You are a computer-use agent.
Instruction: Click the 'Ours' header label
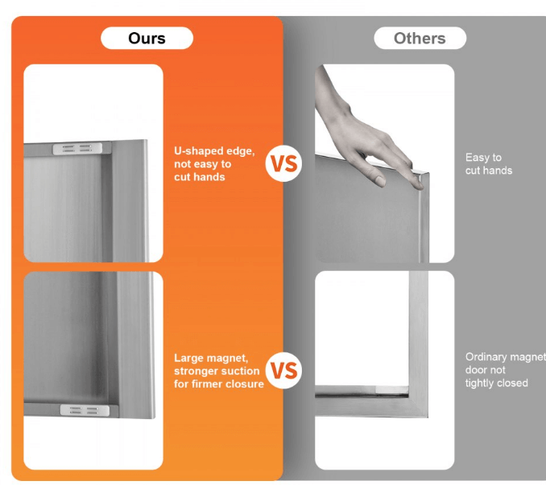pos(147,38)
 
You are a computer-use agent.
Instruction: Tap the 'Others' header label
pos(420,38)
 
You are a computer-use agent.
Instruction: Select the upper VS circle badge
pos(283,164)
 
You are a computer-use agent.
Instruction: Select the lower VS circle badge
pos(283,371)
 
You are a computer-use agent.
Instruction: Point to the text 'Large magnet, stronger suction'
pos(217,364)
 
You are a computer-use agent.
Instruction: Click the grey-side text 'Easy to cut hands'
pos(488,164)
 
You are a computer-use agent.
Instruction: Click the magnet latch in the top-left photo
pos(77,148)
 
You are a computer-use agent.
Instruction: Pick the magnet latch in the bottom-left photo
pos(85,410)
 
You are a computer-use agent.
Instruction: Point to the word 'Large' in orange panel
pos(189,358)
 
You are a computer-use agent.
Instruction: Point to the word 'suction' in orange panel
pos(240,371)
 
